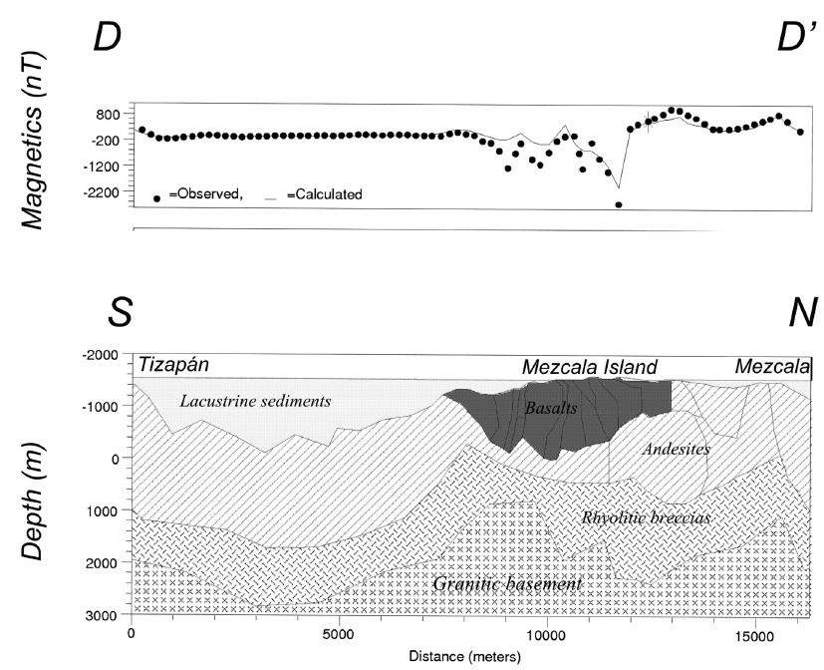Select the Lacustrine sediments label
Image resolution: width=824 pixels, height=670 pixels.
click(255, 402)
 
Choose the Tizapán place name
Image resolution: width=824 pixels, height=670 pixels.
click(174, 365)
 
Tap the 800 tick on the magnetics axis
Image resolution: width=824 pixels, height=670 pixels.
click(108, 115)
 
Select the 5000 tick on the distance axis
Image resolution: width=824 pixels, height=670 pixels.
click(339, 633)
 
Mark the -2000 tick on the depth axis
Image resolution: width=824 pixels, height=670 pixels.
click(101, 355)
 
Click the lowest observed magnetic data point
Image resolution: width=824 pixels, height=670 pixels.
click(619, 204)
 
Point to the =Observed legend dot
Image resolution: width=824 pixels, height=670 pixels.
click(157, 197)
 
